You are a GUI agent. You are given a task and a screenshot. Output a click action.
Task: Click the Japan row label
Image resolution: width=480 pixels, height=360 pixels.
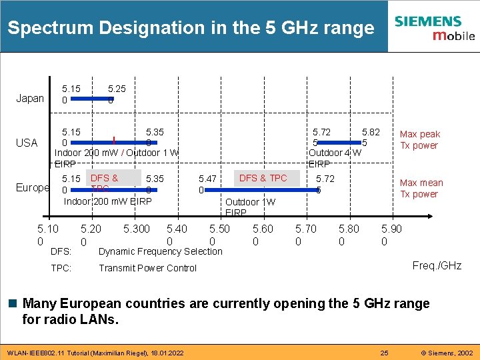(30, 99)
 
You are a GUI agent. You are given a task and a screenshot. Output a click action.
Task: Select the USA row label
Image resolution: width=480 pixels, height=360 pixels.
(27, 143)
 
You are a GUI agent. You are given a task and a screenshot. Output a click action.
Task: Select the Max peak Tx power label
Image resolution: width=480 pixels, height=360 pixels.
(419, 140)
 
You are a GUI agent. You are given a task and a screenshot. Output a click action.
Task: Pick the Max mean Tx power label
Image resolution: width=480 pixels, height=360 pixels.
(421, 189)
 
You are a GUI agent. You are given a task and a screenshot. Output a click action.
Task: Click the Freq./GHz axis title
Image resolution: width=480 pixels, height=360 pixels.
(437, 265)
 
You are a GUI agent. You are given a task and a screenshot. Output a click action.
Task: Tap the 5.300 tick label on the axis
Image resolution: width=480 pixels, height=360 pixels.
(137, 229)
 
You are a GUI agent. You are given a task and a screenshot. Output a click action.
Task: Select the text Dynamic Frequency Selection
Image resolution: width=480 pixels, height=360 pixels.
(160, 251)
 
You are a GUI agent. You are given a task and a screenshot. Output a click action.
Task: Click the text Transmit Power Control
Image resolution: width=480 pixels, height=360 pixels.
(147, 268)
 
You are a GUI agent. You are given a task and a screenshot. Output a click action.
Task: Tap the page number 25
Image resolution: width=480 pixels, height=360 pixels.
(383, 351)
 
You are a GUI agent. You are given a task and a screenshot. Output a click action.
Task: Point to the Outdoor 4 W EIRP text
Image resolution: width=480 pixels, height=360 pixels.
(334, 158)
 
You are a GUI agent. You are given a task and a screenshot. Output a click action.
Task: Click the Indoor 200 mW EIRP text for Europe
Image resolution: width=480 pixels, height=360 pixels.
(107, 201)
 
